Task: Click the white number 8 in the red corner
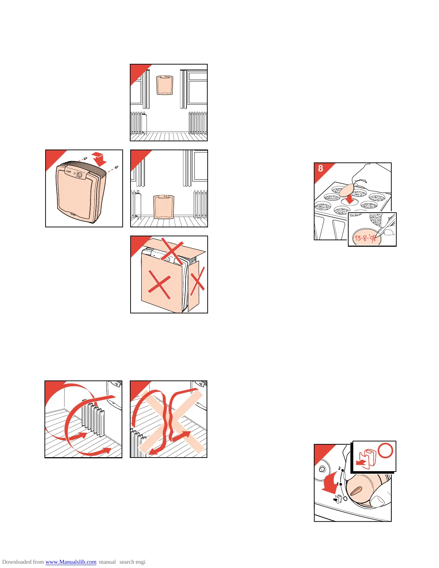(x=321, y=169)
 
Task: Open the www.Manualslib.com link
(x=71, y=562)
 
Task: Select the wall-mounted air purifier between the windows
(x=165, y=85)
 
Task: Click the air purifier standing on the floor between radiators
(x=164, y=207)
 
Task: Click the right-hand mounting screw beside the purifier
(x=116, y=167)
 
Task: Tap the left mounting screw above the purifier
(x=84, y=158)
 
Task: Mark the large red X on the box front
(x=159, y=284)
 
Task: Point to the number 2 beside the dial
(x=339, y=468)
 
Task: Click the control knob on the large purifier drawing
(x=79, y=175)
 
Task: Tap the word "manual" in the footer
(x=107, y=562)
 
